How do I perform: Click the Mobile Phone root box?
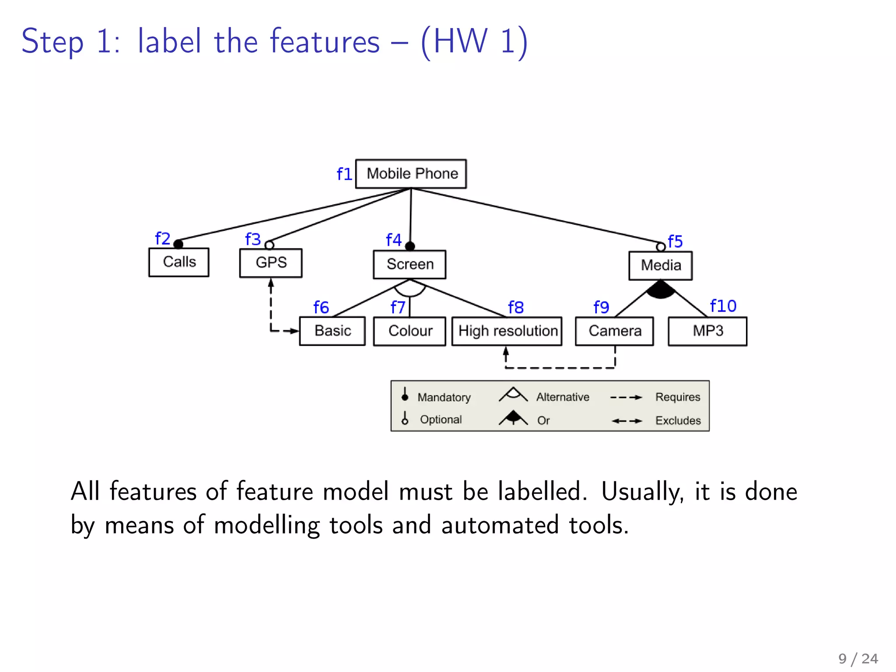pos(411,174)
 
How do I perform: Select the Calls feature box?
pos(179,262)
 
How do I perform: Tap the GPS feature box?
pos(271,262)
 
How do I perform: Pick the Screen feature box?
pos(409,264)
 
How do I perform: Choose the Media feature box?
pos(661,265)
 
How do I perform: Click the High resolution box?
pos(507,331)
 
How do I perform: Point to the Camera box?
pos(615,331)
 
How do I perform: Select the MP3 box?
pos(707,331)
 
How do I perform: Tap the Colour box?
pos(410,331)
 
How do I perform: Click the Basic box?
pos(332,331)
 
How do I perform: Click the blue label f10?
pos(723,306)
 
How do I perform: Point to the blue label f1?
pos(344,174)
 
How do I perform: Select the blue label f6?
pos(321,308)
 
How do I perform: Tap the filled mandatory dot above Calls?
pos(178,244)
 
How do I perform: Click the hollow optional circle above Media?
pos(661,247)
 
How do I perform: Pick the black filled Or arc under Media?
pos(661,290)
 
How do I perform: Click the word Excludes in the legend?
pos(678,420)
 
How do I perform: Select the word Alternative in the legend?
pos(563,397)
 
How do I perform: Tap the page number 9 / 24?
pos(858,658)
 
